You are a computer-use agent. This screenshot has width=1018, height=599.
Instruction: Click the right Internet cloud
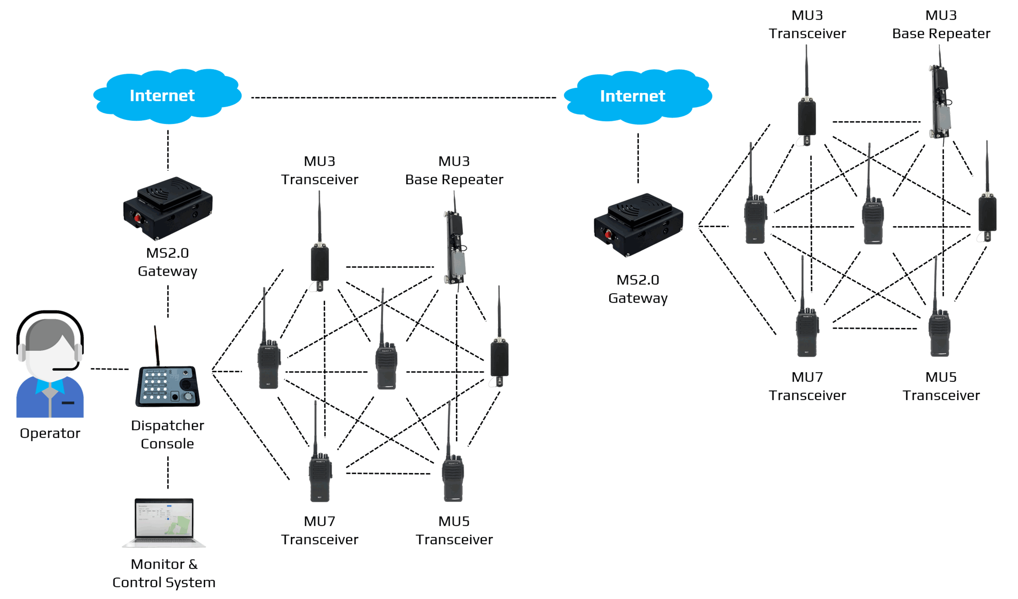(638, 96)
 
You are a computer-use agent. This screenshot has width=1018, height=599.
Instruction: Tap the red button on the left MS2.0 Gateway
(137, 219)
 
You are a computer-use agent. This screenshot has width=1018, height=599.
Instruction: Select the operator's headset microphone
(65, 368)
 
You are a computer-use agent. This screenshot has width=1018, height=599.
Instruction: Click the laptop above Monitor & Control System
(164, 522)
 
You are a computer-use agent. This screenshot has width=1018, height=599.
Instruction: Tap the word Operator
(50, 433)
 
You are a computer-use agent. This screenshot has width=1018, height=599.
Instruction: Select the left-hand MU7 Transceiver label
(320, 530)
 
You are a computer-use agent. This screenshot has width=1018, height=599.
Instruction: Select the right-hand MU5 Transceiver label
(941, 386)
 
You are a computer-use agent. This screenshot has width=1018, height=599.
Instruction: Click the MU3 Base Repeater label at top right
(941, 24)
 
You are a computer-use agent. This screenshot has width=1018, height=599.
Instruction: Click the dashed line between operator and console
(109, 369)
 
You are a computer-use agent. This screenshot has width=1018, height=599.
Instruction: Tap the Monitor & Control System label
(164, 573)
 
